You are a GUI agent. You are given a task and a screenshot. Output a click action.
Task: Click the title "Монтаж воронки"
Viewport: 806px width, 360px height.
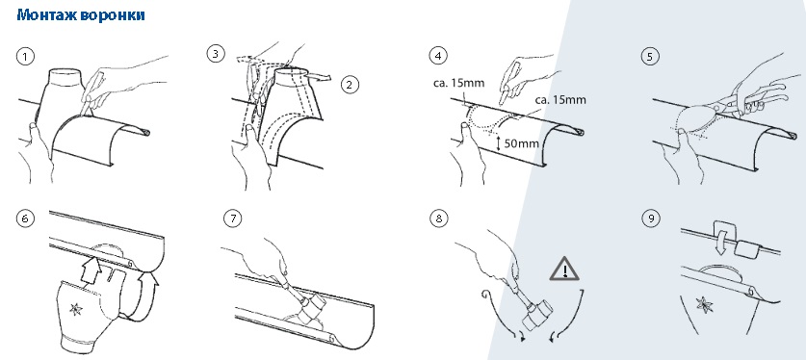click(x=81, y=14)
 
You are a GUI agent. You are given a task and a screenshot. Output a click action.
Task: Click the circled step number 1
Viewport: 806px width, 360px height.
click(x=25, y=56)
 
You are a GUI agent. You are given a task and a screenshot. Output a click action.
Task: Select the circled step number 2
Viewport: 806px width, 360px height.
click(x=351, y=84)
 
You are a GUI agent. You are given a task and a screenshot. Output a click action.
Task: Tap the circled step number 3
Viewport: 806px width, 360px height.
click(x=216, y=53)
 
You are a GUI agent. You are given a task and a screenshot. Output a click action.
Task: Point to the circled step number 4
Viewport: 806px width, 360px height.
click(x=438, y=56)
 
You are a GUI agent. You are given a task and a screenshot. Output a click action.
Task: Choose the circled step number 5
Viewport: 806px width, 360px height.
click(x=650, y=56)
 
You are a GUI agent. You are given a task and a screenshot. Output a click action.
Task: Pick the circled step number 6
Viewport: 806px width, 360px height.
click(x=25, y=219)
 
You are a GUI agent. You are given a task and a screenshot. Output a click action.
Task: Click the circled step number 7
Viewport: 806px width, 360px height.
click(x=233, y=219)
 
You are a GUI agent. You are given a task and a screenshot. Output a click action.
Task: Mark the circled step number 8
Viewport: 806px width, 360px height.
click(x=438, y=219)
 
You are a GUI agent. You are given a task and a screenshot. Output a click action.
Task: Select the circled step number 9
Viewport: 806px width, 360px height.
click(x=651, y=219)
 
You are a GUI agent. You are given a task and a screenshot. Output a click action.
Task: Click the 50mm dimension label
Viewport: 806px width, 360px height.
click(x=521, y=143)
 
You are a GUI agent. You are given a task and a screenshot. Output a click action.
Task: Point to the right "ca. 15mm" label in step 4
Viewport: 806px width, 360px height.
click(x=559, y=99)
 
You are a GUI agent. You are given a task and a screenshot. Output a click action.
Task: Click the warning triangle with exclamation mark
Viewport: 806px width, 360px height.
click(x=564, y=269)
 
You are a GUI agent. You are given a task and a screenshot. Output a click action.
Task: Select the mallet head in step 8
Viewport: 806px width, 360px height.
click(x=537, y=315)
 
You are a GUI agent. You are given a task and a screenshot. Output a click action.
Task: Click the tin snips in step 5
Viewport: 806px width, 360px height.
click(x=743, y=98)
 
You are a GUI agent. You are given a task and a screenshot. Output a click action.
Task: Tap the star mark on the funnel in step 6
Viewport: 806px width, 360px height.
click(x=76, y=309)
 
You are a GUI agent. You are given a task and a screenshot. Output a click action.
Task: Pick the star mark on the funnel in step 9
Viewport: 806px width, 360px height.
click(x=704, y=304)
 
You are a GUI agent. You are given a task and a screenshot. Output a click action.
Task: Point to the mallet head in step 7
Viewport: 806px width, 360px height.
click(x=313, y=308)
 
